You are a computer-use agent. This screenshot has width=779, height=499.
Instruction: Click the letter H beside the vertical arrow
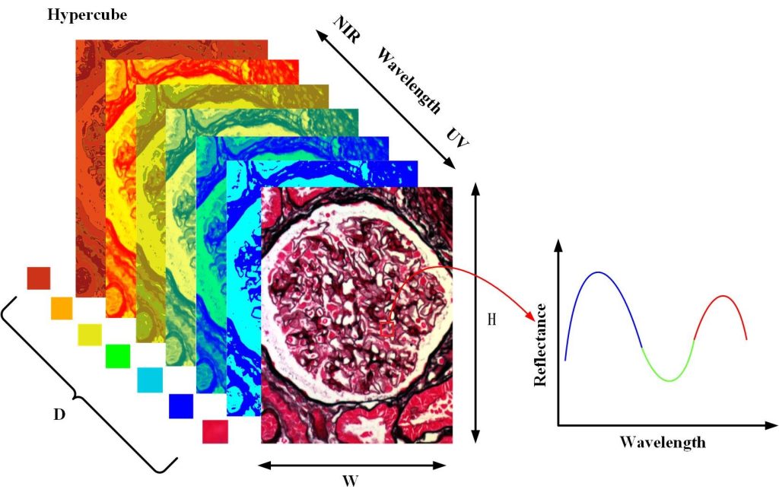[492, 319]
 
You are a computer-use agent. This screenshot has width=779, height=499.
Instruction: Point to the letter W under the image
[351, 481]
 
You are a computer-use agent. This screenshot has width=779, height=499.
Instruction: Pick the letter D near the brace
[59, 415]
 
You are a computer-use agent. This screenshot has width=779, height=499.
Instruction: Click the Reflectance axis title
[541, 345]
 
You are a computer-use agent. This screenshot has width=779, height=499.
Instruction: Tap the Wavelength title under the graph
[662, 442]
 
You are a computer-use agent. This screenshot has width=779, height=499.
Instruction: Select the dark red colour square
[38, 278]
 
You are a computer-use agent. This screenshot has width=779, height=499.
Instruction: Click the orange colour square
[62, 308]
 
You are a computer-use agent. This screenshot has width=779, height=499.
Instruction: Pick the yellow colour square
[89, 335]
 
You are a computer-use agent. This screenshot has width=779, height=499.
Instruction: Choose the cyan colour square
[149, 380]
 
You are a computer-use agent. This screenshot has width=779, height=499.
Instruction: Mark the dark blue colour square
[181, 405]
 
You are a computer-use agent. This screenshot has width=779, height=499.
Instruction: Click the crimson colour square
[215, 431]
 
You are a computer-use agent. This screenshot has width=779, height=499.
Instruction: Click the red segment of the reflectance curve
[723, 300]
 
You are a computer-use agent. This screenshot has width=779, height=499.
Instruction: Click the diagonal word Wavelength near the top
[409, 81]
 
